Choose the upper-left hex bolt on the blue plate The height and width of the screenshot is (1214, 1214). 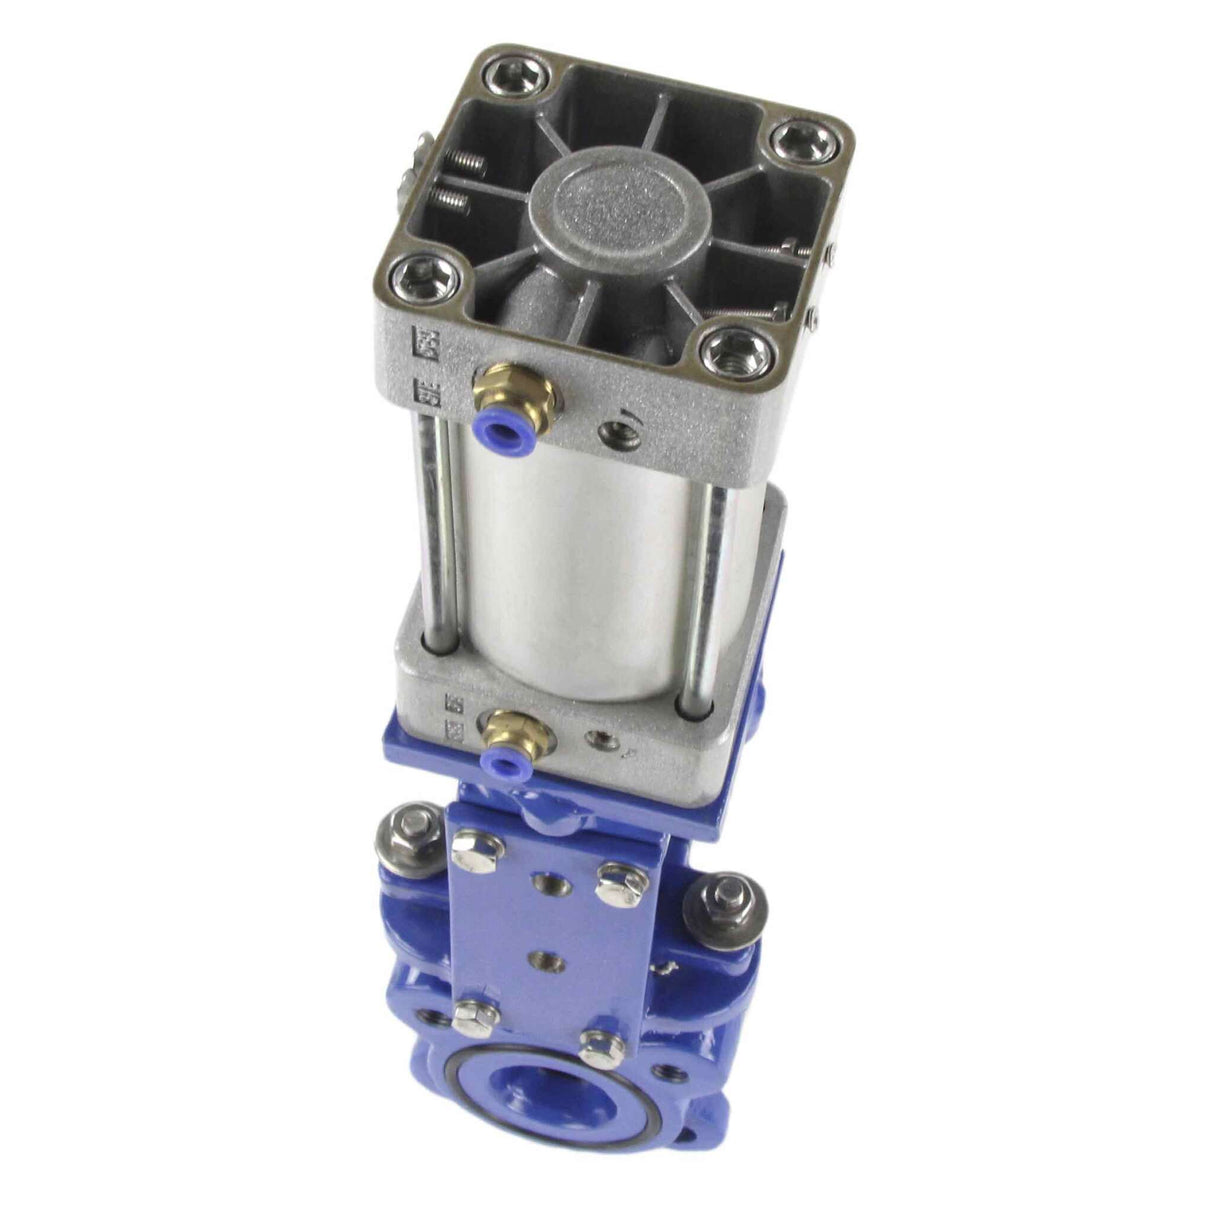point(467,852)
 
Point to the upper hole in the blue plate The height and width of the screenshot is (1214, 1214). point(549,884)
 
